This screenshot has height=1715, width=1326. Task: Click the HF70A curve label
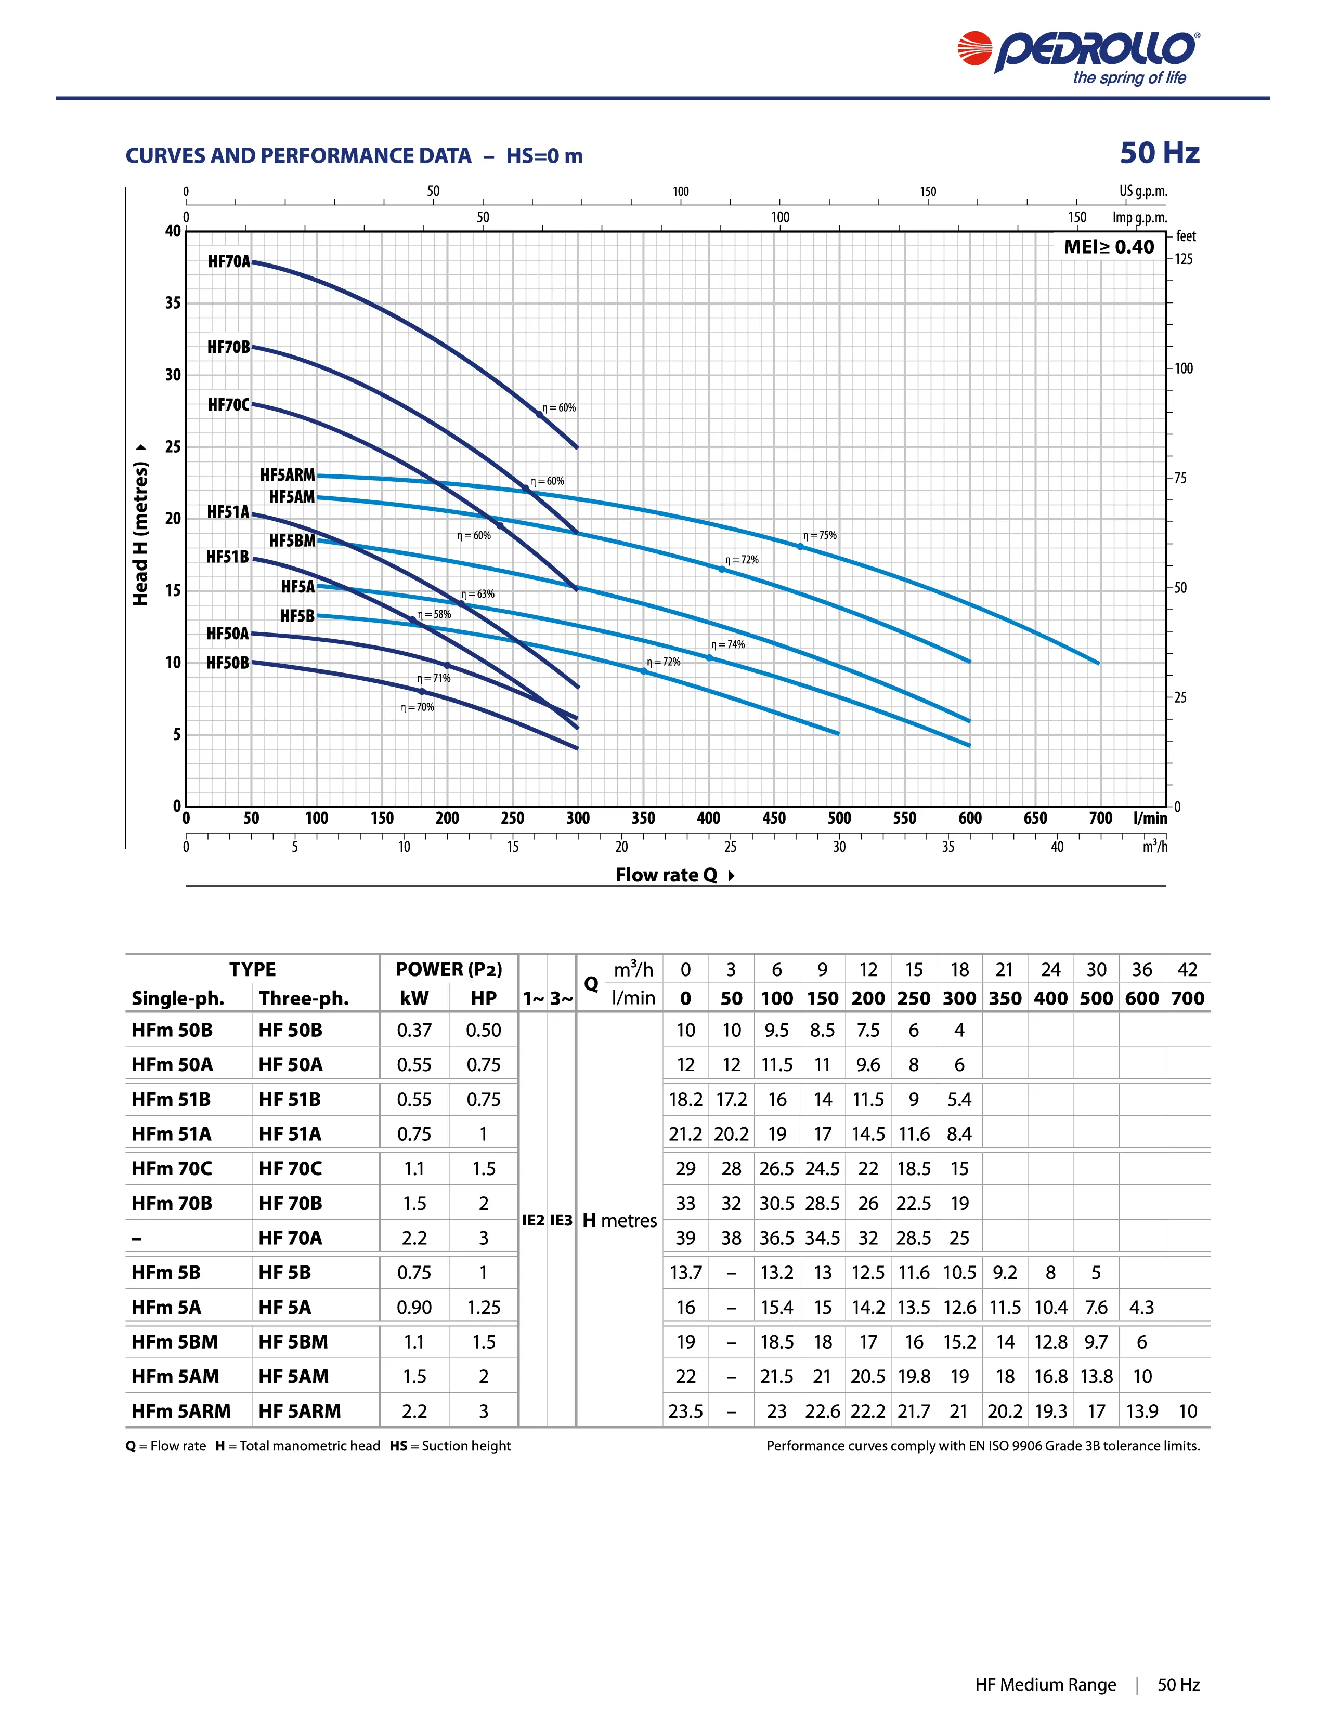point(229,261)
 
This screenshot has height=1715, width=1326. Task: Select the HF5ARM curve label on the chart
point(288,475)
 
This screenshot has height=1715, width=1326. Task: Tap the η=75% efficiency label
point(820,535)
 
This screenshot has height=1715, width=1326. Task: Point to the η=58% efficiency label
point(434,614)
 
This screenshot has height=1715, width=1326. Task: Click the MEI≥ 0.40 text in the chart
point(1109,247)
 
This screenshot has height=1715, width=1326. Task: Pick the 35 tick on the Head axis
point(173,303)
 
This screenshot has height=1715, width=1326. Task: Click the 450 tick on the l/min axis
point(774,818)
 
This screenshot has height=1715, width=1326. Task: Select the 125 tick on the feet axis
point(1183,259)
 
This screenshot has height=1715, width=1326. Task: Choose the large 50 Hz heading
point(1160,153)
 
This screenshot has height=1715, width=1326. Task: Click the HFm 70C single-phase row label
point(172,1168)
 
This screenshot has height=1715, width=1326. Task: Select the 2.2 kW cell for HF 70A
point(414,1237)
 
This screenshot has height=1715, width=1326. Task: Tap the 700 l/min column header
point(1187,998)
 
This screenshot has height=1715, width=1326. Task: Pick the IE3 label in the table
point(561,1220)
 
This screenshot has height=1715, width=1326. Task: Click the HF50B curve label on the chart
point(228,663)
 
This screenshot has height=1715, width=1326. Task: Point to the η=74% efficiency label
point(728,645)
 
